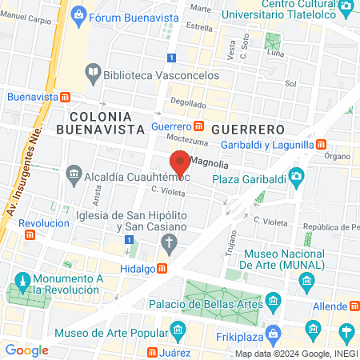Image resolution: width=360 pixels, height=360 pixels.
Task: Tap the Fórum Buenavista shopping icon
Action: [x=78, y=14]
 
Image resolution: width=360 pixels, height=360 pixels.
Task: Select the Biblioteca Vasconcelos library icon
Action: [x=93, y=73]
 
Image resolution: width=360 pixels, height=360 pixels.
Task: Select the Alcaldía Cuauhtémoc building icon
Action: [x=74, y=173]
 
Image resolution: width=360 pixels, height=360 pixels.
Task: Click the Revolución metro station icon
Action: [x=30, y=234]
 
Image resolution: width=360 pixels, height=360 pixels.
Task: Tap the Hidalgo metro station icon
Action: [x=162, y=268]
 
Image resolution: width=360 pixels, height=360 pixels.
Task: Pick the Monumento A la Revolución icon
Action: [x=20, y=282]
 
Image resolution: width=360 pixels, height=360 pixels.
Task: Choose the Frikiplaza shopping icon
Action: [x=275, y=330]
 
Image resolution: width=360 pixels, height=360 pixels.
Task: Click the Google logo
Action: [x=26, y=350]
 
